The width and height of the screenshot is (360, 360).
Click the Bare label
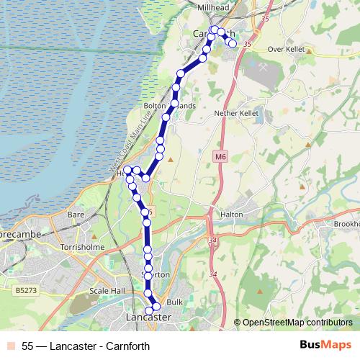coord(76,215)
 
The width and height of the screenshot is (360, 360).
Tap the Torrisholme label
coord(84,246)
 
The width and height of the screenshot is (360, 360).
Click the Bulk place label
coord(175,302)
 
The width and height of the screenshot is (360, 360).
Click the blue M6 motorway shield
coord(220,155)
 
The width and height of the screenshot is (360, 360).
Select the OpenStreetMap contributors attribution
coord(297,323)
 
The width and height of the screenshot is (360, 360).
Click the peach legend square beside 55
coord(11,346)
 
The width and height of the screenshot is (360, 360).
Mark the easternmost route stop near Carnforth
coord(233,44)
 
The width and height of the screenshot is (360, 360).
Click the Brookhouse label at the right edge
coord(346,224)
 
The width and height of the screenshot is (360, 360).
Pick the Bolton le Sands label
coord(169,106)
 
